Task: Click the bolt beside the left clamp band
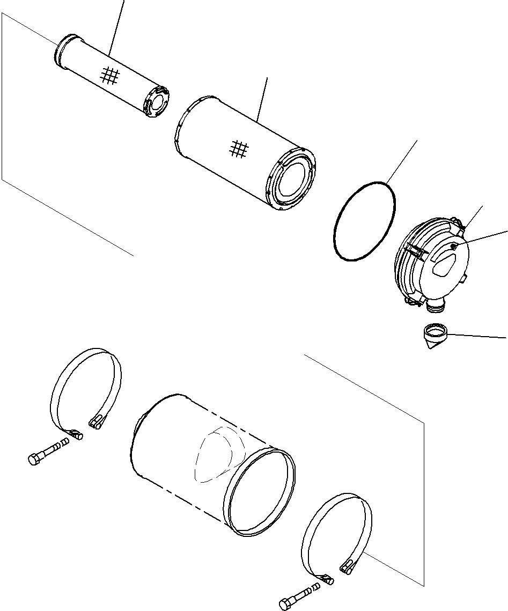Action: point(47,452)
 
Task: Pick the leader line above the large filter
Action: point(262,99)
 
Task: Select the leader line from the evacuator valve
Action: point(477,336)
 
